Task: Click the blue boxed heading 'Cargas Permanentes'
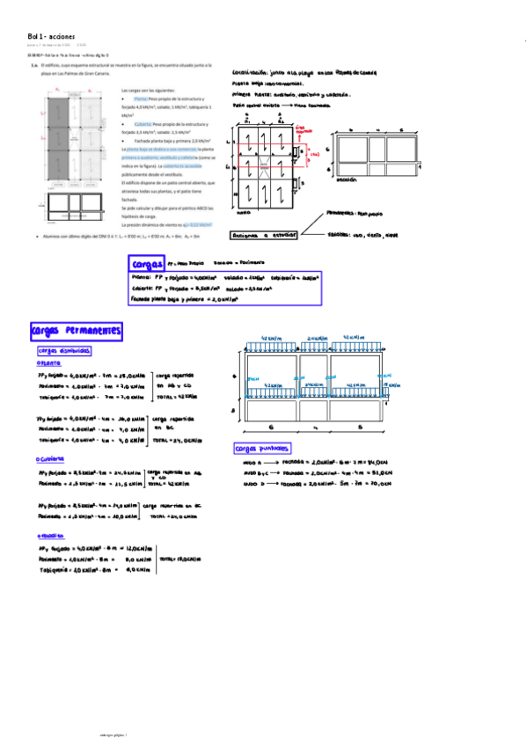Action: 76,331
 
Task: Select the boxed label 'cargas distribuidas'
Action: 64,350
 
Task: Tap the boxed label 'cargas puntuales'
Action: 262,447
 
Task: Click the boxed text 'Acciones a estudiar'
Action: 263,235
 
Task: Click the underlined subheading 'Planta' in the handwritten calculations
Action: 49,362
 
